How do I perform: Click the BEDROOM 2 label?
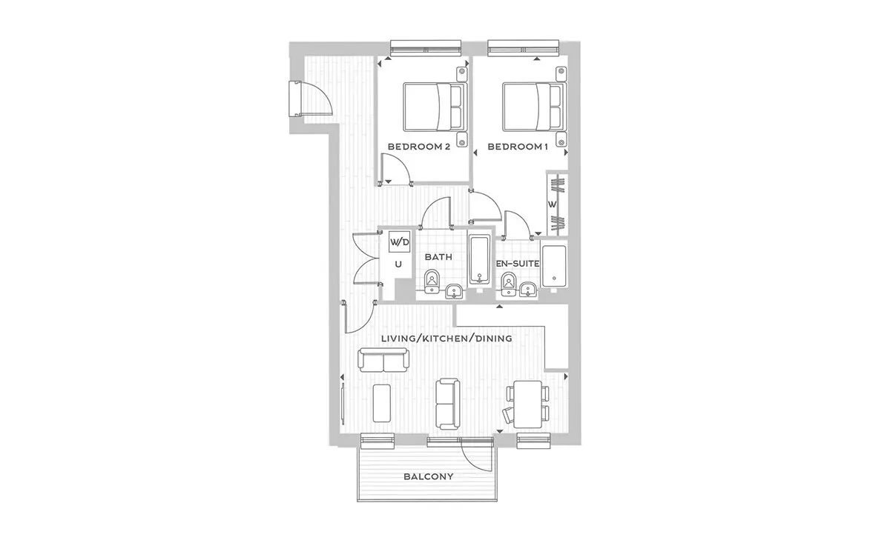[419, 147]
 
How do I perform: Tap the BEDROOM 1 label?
[518, 147]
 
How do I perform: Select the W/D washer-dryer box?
[400, 241]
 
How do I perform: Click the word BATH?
[438, 257]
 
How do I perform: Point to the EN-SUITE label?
[518, 264]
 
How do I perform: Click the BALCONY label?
[429, 476]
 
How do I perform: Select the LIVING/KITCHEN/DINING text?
[446, 339]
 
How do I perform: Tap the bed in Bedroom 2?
[435, 107]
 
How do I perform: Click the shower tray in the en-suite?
[554, 266]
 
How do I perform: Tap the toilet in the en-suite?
[508, 284]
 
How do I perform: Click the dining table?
[527, 404]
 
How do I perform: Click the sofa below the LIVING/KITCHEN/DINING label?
[383, 359]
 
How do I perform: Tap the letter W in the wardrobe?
[552, 204]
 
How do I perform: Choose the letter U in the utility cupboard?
[398, 264]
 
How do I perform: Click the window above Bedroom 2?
[426, 48]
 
